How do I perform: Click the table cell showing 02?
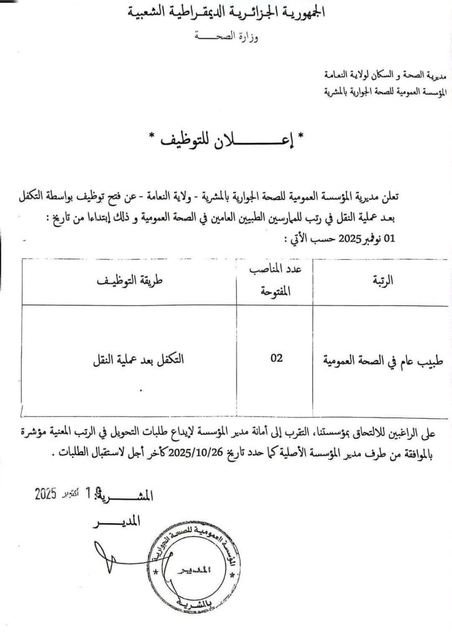(x=275, y=358)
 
